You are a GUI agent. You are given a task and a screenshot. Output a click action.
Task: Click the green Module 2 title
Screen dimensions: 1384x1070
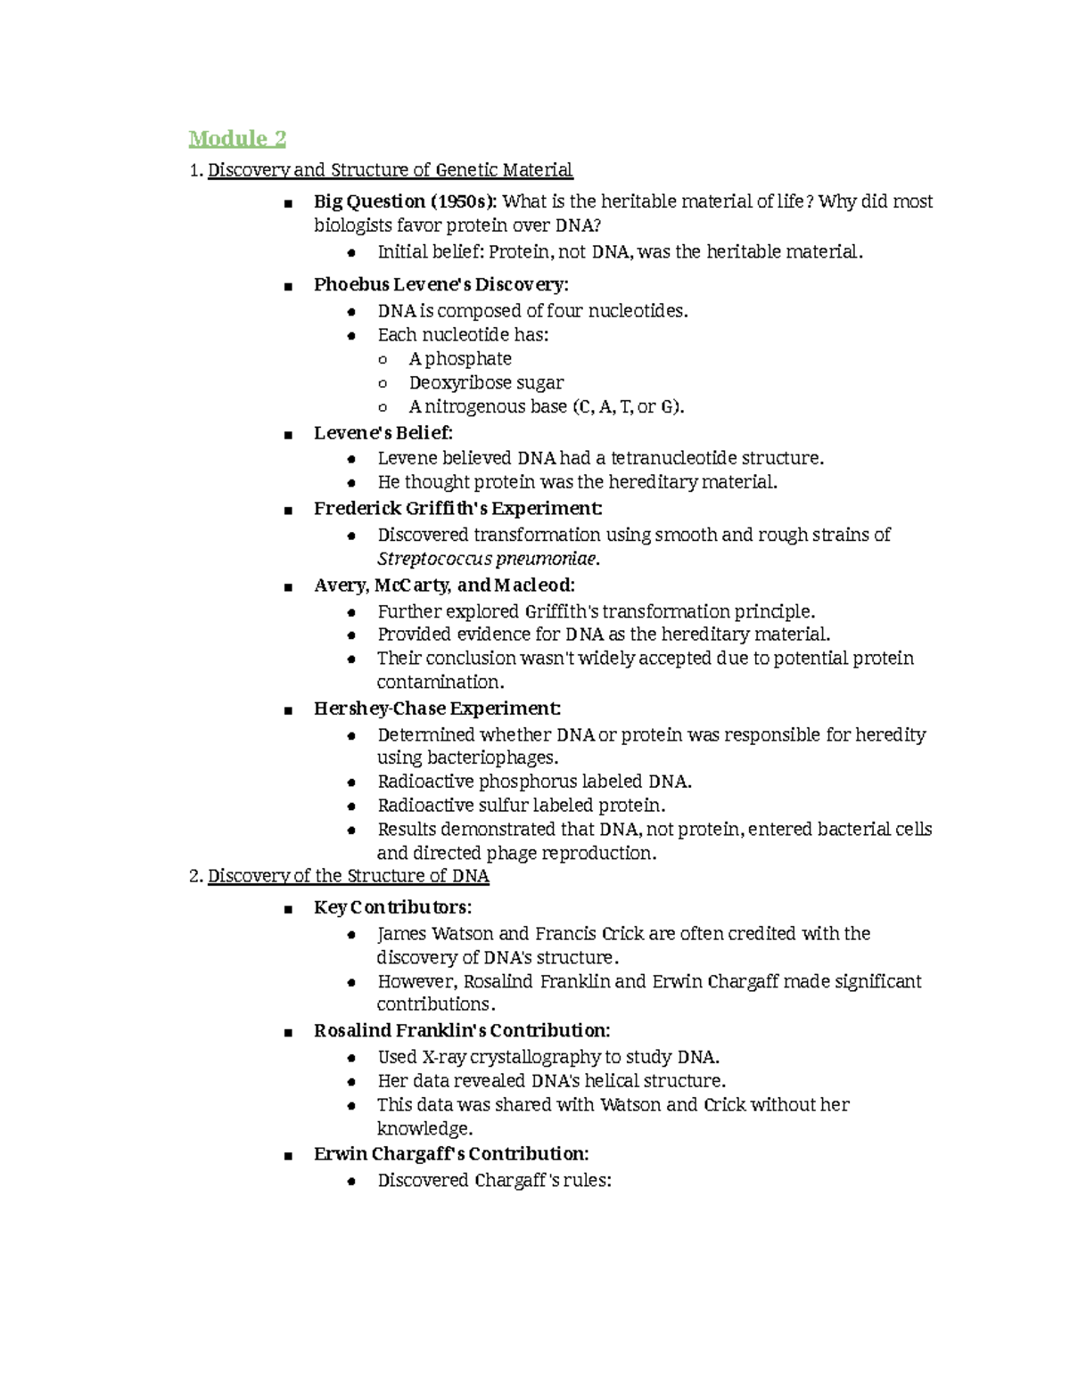pyautogui.click(x=237, y=139)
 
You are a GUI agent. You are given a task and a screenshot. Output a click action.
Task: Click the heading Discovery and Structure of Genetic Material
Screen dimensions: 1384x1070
pyautogui.click(x=390, y=170)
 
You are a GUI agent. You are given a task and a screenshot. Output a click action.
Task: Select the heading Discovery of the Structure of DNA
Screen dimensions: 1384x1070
pyautogui.click(x=348, y=876)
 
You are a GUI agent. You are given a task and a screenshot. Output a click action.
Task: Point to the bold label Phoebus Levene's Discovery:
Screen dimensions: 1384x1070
pyautogui.click(x=440, y=285)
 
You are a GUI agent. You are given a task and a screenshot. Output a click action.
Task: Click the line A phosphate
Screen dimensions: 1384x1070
pyautogui.click(x=460, y=359)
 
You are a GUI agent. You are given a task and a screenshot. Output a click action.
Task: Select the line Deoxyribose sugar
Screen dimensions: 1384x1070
pyautogui.click(x=486, y=383)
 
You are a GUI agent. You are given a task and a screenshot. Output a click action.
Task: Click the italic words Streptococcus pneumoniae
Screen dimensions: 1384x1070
pyautogui.click(x=487, y=560)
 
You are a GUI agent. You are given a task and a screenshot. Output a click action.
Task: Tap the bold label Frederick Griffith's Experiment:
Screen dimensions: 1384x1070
pyautogui.click(x=457, y=509)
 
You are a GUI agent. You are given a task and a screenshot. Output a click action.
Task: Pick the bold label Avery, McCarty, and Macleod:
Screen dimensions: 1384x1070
pyautogui.click(x=444, y=586)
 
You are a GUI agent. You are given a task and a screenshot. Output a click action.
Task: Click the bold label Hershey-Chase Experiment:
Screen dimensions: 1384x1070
pyautogui.click(x=437, y=708)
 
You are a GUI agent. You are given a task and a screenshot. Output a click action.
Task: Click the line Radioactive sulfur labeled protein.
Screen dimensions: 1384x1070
pyautogui.click(x=521, y=806)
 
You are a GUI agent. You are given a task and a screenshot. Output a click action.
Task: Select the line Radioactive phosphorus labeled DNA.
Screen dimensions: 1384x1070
pyautogui.click(x=534, y=782)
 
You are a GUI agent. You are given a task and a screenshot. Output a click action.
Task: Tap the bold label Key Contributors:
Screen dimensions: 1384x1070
pyautogui.click(x=392, y=908)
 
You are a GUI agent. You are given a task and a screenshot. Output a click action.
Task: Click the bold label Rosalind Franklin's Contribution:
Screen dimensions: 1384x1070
pyautogui.click(x=462, y=1031)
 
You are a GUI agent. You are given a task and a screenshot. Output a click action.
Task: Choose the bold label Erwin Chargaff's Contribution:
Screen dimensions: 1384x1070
pyautogui.click(x=451, y=1154)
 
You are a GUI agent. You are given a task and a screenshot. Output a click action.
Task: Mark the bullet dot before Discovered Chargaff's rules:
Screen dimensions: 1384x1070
pyautogui.click(x=352, y=1182)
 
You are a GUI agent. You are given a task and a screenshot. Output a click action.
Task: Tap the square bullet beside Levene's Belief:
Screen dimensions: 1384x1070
pyautogui.click(x=288, y=435)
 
